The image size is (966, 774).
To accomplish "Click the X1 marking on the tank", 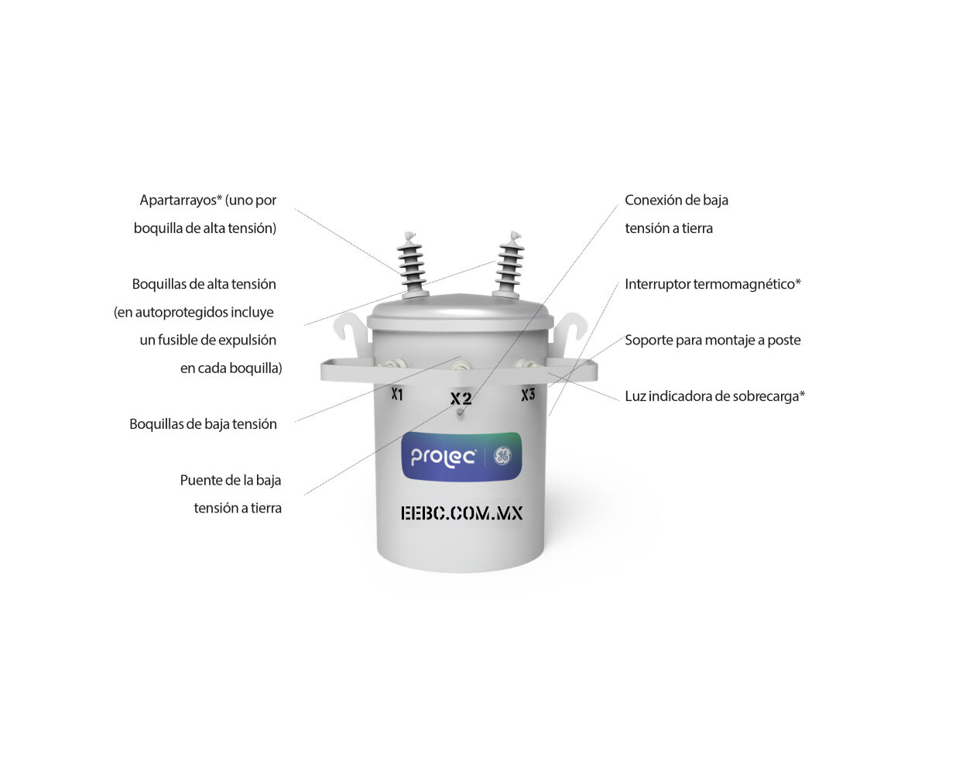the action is tap(397, 395).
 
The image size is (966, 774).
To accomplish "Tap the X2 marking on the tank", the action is tap(461, 399).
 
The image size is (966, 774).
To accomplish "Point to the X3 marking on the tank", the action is tap(528, 395).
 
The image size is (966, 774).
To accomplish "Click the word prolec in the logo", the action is tap(443, 457).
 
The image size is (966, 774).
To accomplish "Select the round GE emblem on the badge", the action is tap(502, 456).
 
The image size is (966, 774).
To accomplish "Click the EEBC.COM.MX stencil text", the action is tap(462, 513).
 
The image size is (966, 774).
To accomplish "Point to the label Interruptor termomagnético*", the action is tap(713, 284).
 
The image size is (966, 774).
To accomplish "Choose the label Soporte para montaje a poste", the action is tap(713, 340).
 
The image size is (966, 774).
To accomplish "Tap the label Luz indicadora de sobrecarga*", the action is tap(715, 396).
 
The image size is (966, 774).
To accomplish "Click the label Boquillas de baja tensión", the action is tap(203, 424).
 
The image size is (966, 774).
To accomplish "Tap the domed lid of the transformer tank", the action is tap(460, 310).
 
